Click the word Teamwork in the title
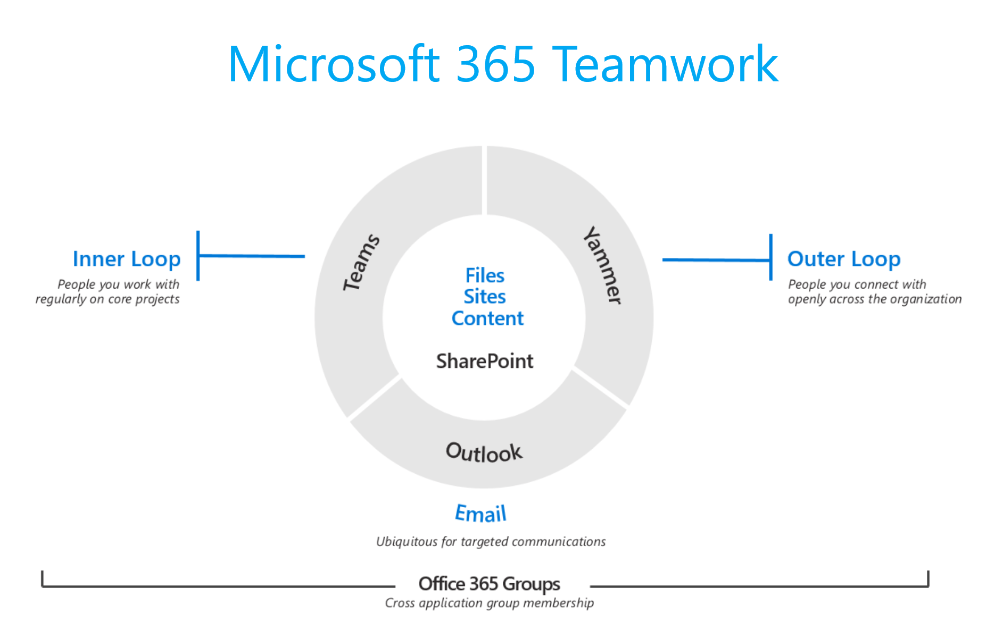tap(666, 64)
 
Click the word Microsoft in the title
tap(334, 64)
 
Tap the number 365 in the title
tap(496, 64)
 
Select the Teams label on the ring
tap(361, 262)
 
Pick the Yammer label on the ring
tap(603, 265)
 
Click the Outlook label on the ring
tap(484, 452)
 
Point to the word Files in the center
tap(485, 275)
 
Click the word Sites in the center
tap(484, 297)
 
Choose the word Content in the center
tap(487, 318)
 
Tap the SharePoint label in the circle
tap(484, 362)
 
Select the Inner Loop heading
tap(127, 259)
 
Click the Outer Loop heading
tap(843, 259)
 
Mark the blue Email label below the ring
tap(480, 514)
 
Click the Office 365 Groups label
tap(489, 584)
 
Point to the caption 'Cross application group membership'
tap(489, 603)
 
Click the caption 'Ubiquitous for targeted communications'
tap(491, 542)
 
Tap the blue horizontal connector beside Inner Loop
tap(252, 256)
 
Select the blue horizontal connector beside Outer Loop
tap(716, 259)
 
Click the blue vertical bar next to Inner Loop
tap(198, 255)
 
